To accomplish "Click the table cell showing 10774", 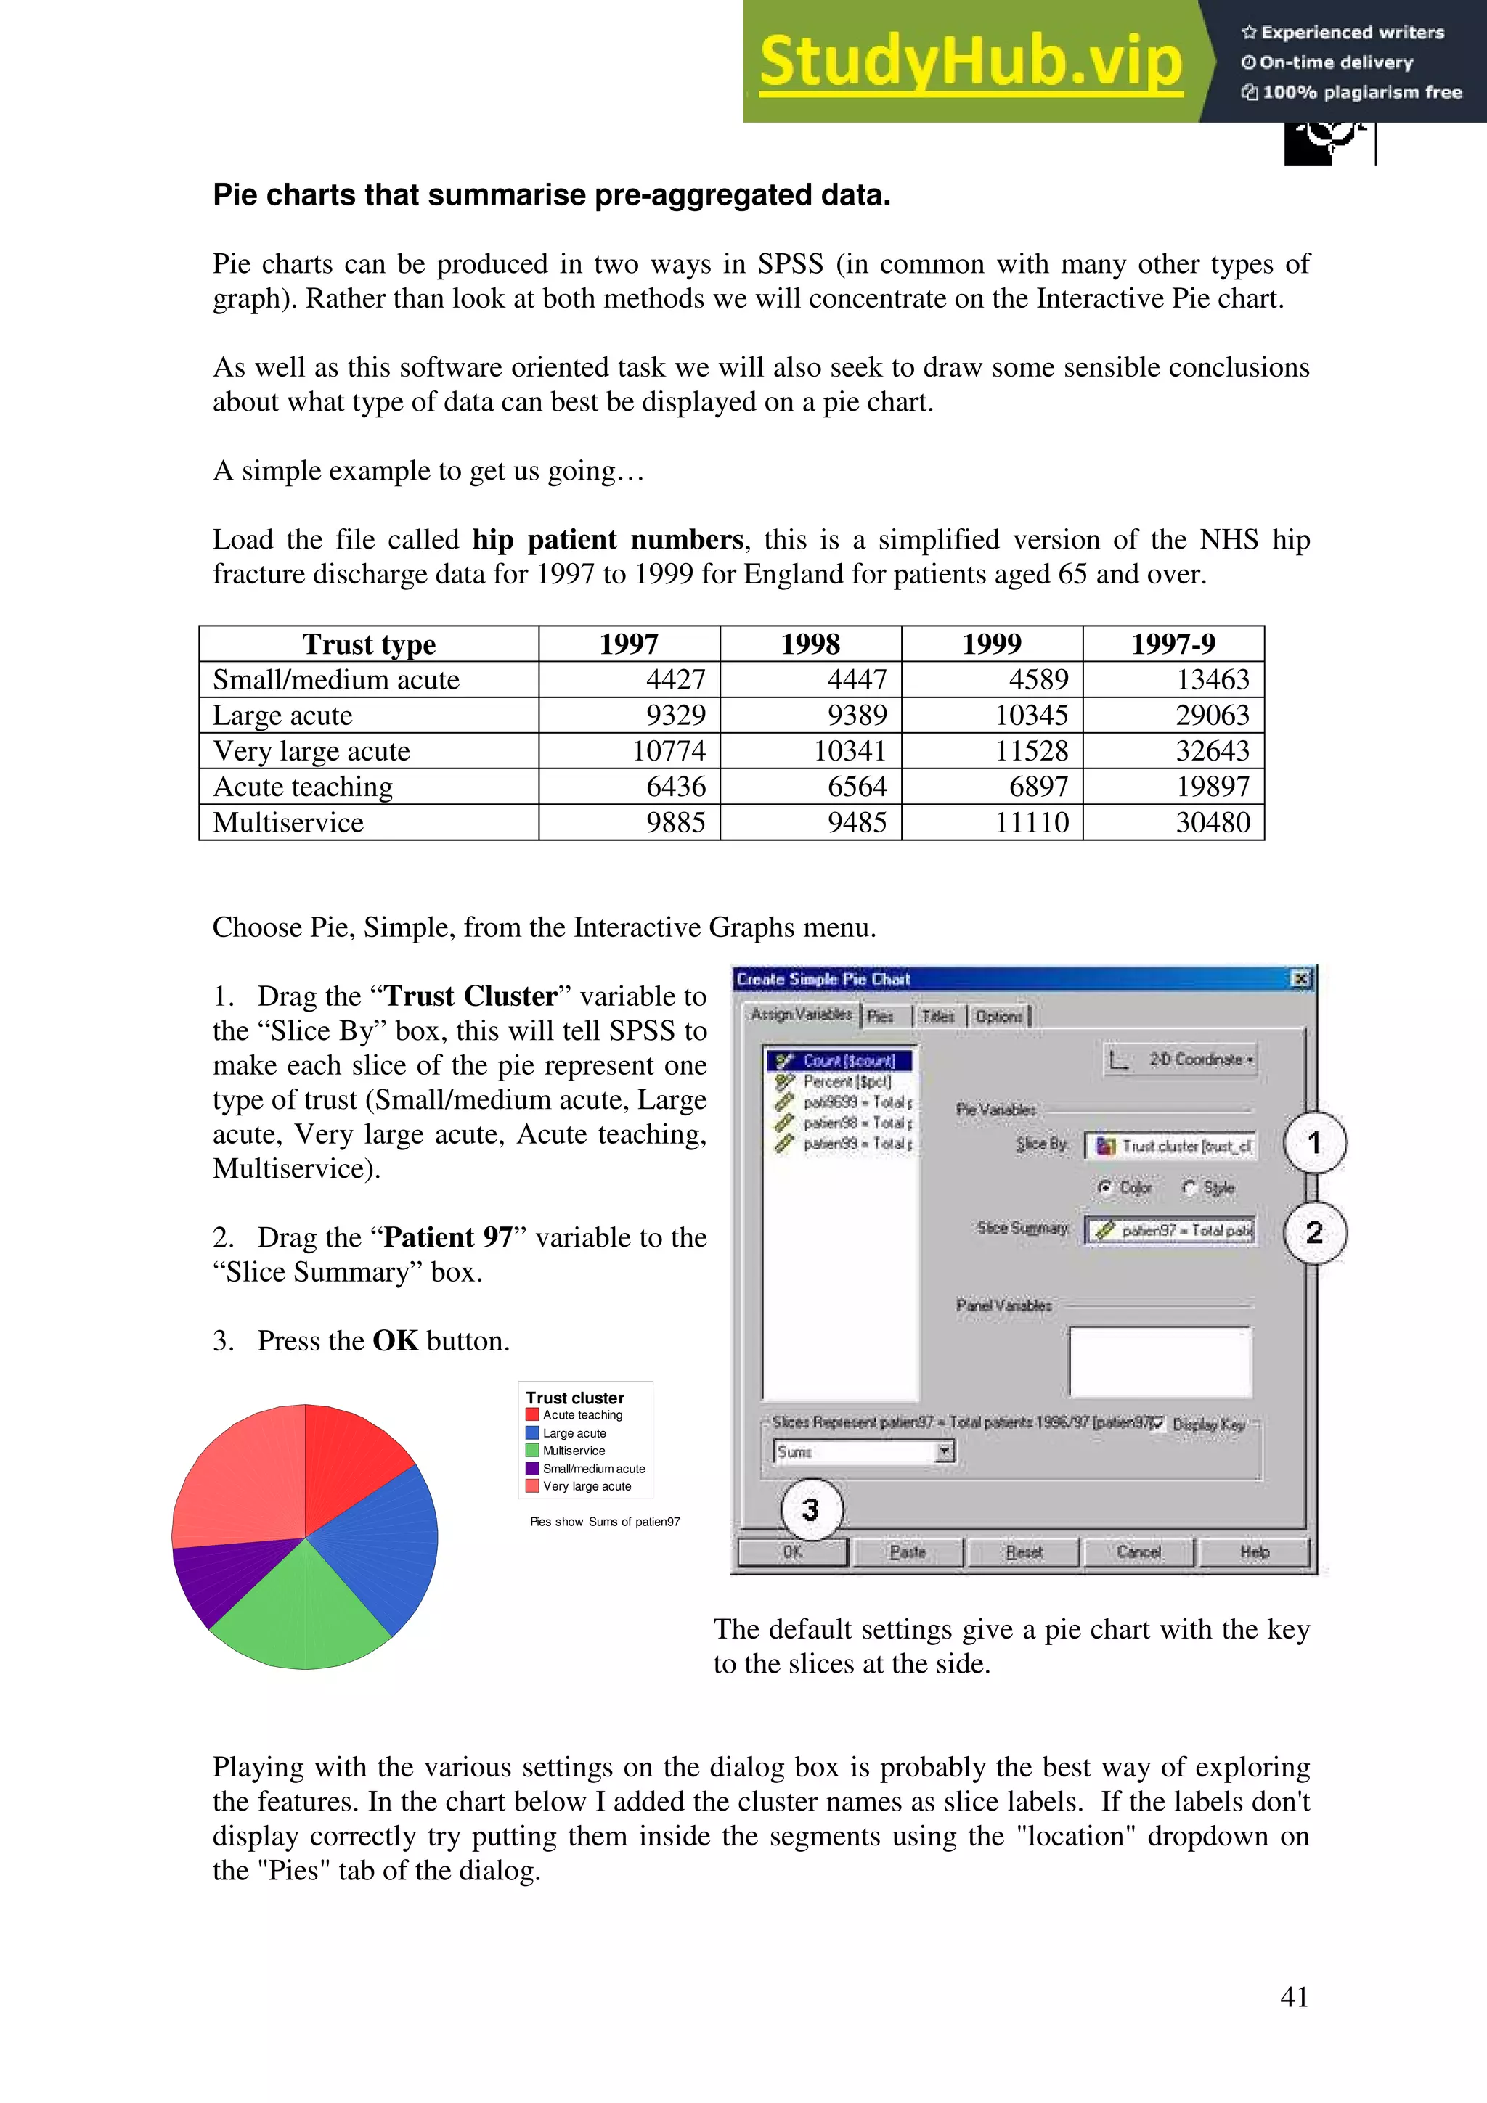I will click(669, 751).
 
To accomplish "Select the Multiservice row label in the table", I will click(288, 822).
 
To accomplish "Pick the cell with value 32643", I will click(1212, 751).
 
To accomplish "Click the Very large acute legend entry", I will click(587, 1487).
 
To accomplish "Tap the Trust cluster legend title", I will click(574, 1398).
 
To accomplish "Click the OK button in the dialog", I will click(793, 1551).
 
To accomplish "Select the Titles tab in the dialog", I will click(937, 1016).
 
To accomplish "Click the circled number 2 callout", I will click(1314, 1232).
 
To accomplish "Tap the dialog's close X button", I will click(1301, 979).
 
